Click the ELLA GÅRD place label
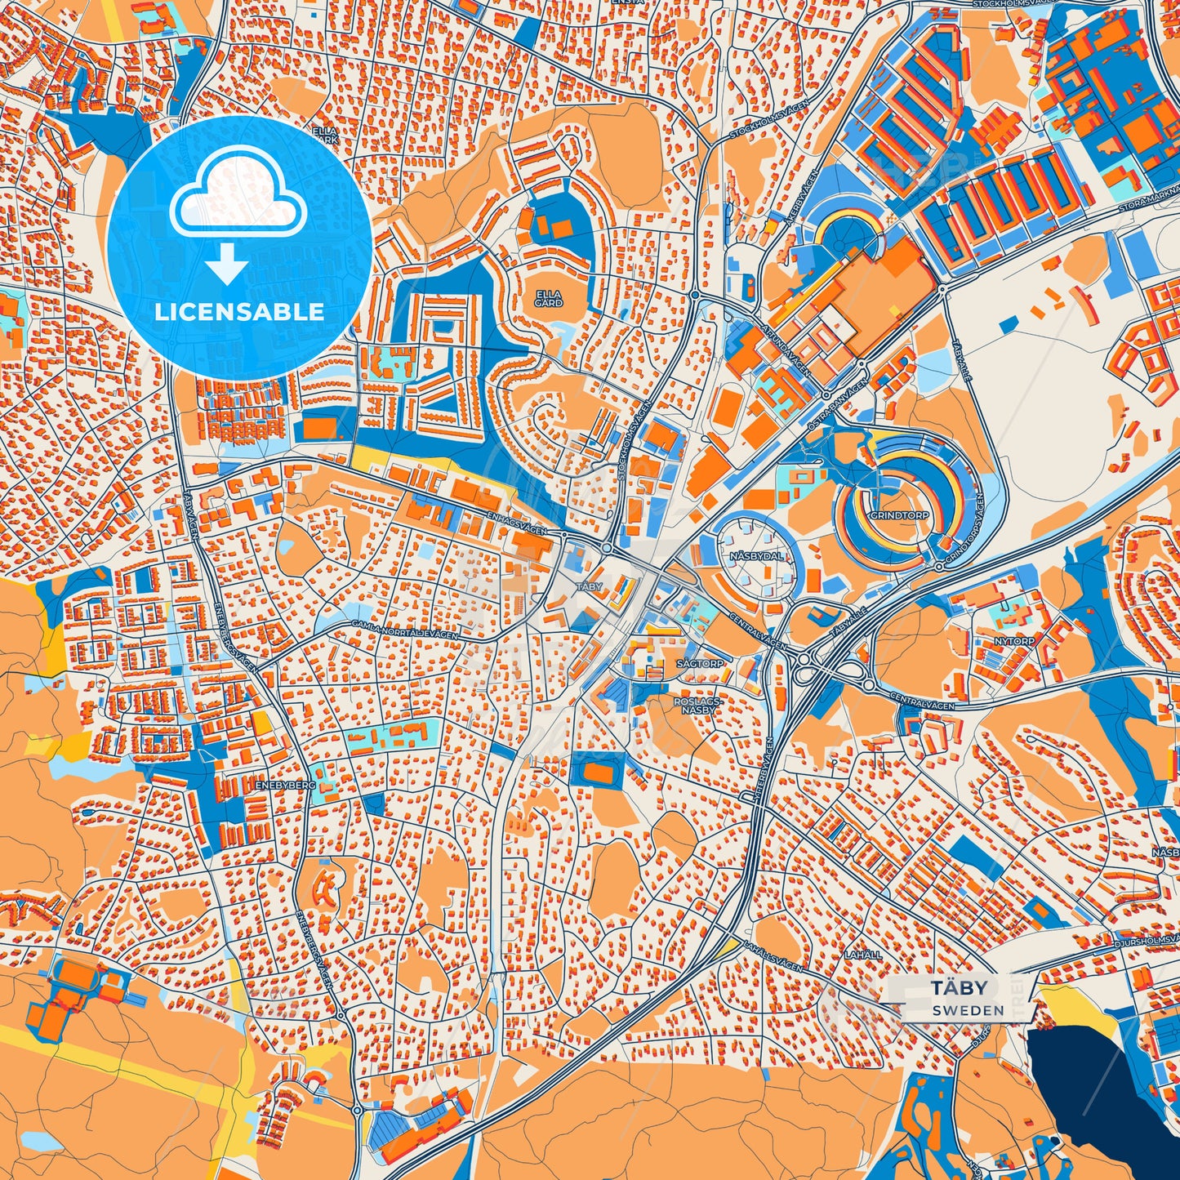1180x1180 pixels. (549, 298)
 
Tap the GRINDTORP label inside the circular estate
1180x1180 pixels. (899, 516)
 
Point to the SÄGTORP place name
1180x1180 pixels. (700, 664)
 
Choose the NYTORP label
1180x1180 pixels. (1014, 642)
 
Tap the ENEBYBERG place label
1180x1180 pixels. (285, 784)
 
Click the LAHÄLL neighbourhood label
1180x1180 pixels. (863, 955)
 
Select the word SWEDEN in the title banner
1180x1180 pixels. (968, 1010)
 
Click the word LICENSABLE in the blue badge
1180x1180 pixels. (239, 312)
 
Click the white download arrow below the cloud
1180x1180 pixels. (227, 264)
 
